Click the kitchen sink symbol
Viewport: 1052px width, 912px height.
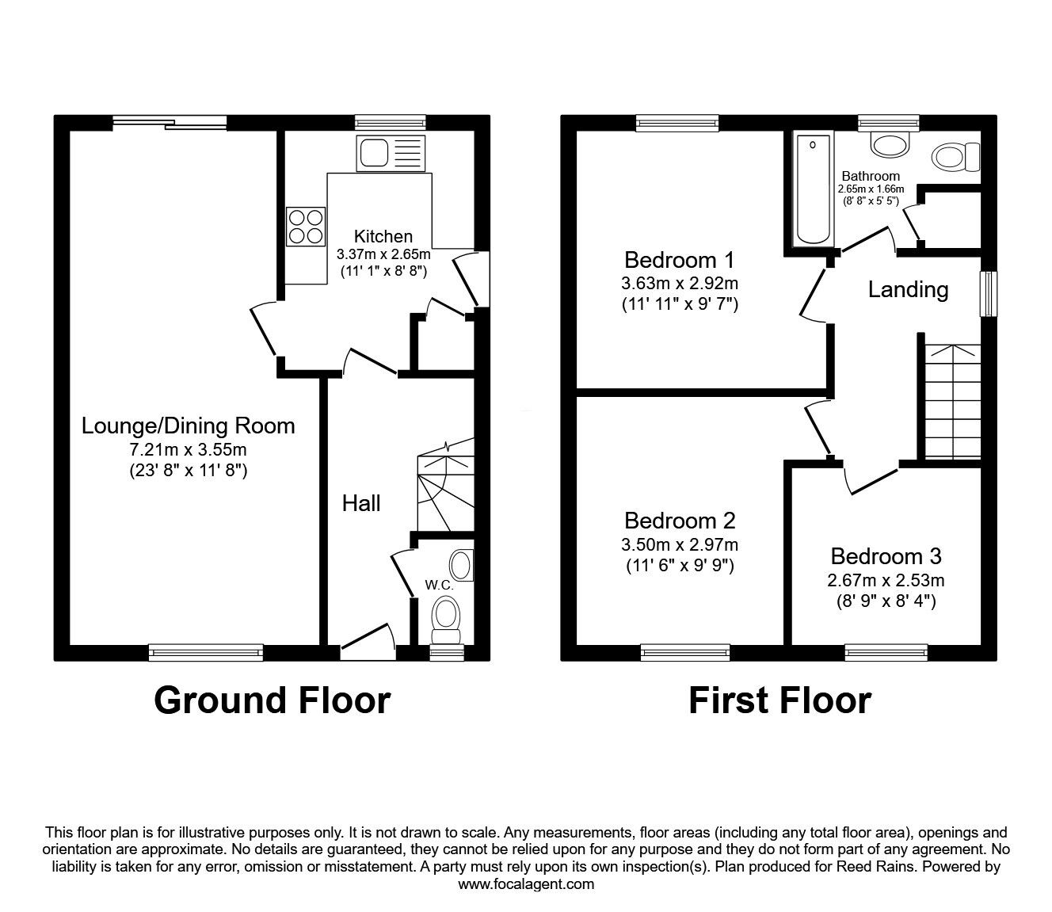tap(392, 153)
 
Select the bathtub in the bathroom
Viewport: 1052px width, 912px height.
tap(813, 189)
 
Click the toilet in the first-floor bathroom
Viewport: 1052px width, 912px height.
tap(956, 156)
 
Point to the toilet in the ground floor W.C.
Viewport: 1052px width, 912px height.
tap(446, 619)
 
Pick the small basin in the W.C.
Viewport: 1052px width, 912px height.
tap(460, 566)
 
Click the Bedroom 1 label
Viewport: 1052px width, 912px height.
tap(679, 260)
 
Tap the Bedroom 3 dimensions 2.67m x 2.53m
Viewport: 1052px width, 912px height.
tap(886, 580)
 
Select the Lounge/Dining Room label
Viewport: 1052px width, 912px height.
tap(189, 426)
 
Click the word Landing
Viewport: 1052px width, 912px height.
tap(908, 289)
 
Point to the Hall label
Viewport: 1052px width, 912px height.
tap(361, 503)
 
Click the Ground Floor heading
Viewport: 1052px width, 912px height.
tap(272, 700)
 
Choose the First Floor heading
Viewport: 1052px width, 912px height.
tap(779, 700)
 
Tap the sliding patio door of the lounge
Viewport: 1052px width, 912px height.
tap(170, 122)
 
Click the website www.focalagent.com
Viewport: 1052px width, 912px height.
tap(526, 884)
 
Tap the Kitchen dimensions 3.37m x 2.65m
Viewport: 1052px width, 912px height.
tap(383, 254)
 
